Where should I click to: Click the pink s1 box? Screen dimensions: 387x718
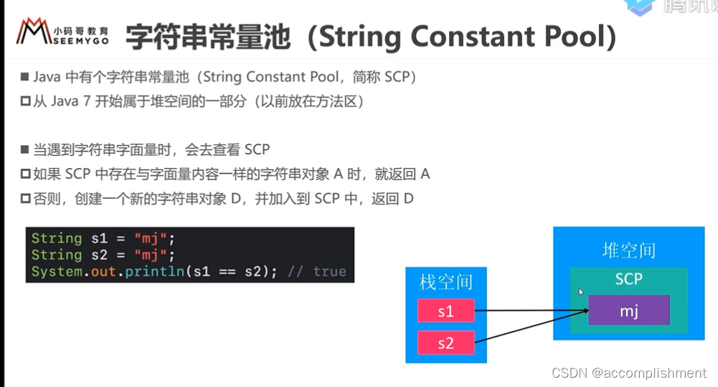click(x=445, y=311)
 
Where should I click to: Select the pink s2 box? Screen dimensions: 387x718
click(x=445, y=343)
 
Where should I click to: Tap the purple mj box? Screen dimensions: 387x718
click(x=629, y=311)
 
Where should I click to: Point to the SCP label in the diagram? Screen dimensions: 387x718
click(x=628, y=279)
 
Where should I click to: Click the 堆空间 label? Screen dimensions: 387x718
click(x=628, y=251)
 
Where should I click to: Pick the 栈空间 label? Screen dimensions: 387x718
click(x=445, y=282)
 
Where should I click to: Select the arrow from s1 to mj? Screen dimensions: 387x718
click(x=531, y=311)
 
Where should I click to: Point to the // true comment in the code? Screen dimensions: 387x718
click(x=316, y=271)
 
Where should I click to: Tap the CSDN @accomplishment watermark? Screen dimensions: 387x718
click(x=628, y=373)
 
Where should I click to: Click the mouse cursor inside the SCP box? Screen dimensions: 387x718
click(x=580, y=292)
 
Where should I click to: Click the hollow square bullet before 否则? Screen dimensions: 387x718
click(x=25, y=198)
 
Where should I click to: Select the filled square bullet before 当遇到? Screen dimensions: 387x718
click(x=25, y=150)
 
